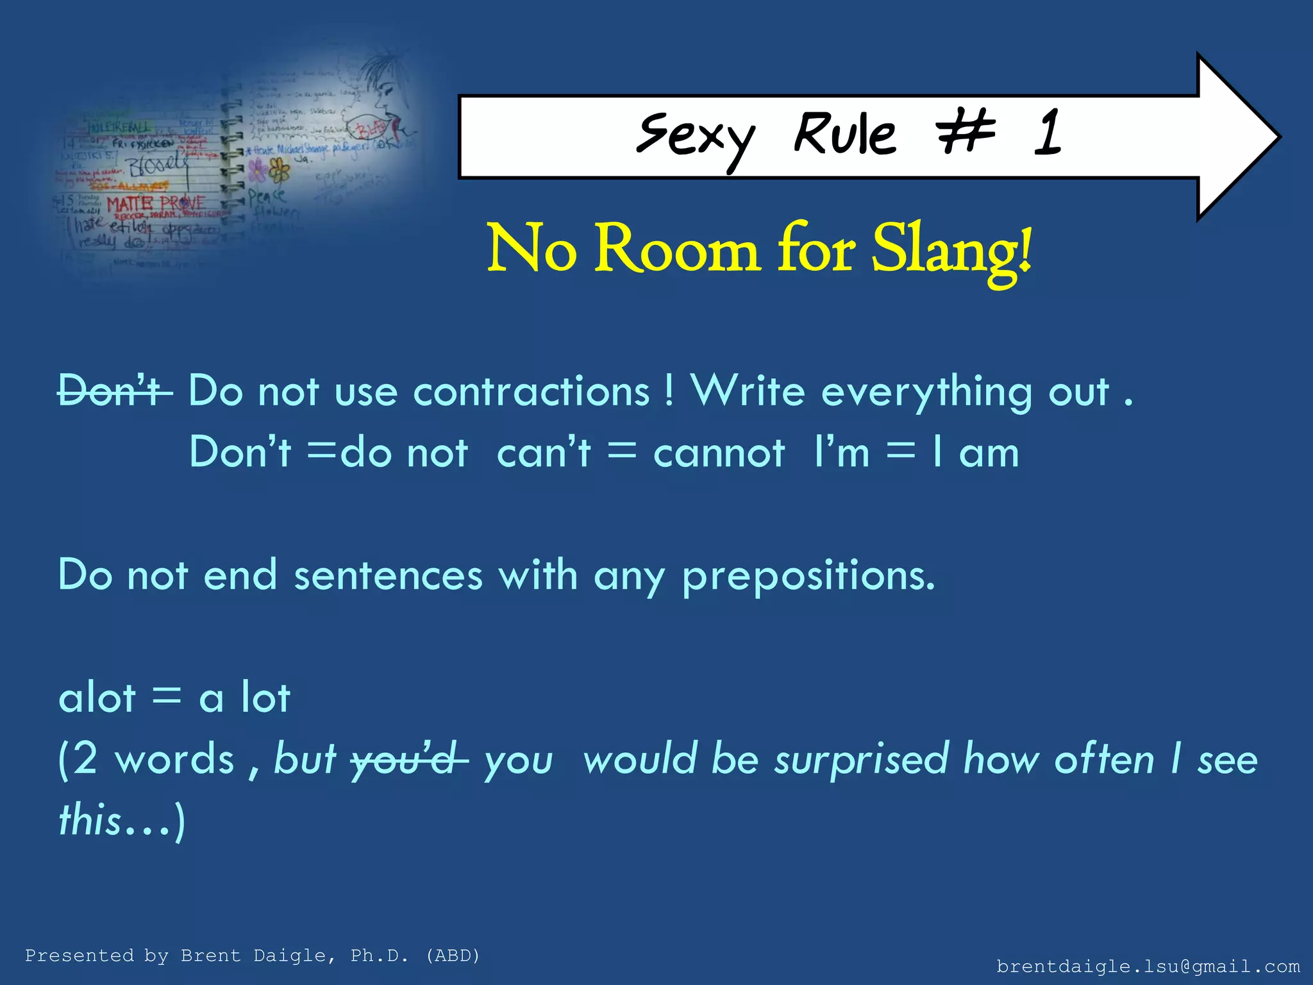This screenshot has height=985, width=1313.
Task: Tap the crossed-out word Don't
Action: pyautogui.click(x=114, y=391)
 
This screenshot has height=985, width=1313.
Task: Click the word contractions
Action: pyautogui.click(x=531, y=392)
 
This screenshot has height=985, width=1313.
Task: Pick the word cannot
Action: pyautogui.click(x=719, y=453)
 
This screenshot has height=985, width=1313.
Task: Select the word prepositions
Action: pyautogui.click(x=808, y=575)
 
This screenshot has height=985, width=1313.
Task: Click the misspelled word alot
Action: pyautogui.click(x=97, y=697)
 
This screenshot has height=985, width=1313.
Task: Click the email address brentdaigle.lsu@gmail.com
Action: pyautogui.click(x=1148, y=966)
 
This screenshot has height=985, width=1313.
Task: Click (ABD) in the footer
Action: pyautogui.click(x=453, y=956)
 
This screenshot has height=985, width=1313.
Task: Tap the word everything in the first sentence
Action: pyautogui.click(x=926, y=392)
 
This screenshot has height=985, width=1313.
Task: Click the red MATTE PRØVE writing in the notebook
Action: pyautogui.click(x=156, y=205)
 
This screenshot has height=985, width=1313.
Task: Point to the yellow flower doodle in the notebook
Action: pyautogui.click(x=280, y=169)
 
